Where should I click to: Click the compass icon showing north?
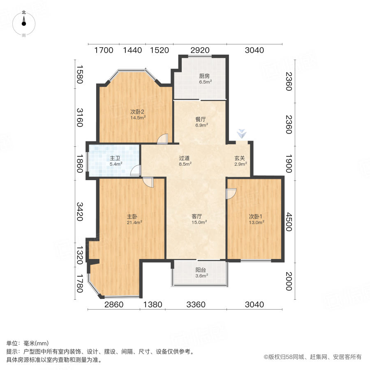[x=24, y=24]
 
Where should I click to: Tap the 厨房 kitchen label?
[x=205, y=79]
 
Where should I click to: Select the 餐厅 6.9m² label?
[x=201, y=122]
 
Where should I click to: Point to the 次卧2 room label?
[x=137, y=114]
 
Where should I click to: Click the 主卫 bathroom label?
[x=115, y=161]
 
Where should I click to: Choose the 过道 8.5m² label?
[x=185, y=160]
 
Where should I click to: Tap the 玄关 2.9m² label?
[x=240, y=160]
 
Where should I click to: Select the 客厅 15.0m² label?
[x=199, y=219]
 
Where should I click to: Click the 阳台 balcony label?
[x=201, y=273]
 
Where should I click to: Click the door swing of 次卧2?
[x=163, y=139]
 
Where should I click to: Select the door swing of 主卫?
[x=136, y=171]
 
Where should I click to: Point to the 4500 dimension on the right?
[x=289, y=222]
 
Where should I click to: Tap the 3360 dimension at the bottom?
[x=196, y=305]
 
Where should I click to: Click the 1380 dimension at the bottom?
[x=153, y=305]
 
